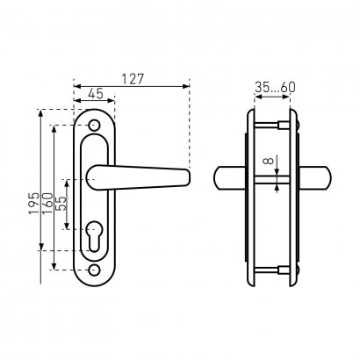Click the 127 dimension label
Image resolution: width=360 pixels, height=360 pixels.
[x=133, y=79]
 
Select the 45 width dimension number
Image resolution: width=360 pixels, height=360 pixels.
[x=96, y=94]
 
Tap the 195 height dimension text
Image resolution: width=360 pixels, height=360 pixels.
[x=34, y=204]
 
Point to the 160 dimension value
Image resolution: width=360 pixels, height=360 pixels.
[x=47, y=204]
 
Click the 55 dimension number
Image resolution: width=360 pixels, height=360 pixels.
[x=61, y=204]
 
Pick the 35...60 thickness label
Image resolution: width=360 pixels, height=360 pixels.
[x=275, y=87]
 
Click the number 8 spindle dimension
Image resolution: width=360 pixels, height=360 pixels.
[x=269, y=161]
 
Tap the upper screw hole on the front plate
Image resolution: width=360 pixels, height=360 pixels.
[x=94, y=125]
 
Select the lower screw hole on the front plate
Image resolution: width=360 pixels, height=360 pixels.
[x=94, y=270]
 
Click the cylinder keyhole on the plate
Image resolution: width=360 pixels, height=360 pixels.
[x=94, y=235]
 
